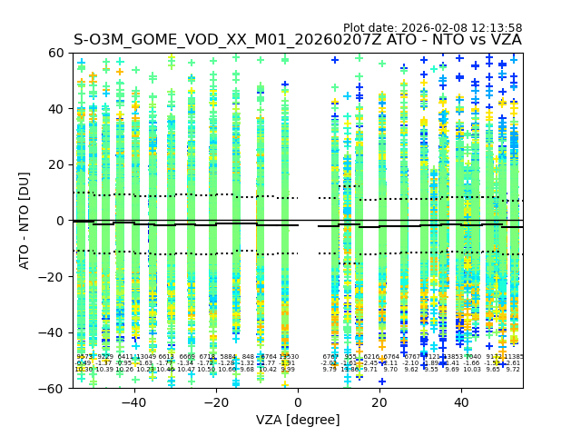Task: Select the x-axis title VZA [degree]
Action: click(x=298, y=420)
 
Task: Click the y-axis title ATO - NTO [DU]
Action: click(x=25, y=221)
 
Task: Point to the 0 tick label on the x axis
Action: click(x=298, y=402)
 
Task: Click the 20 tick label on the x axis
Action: click(x=379, y=402)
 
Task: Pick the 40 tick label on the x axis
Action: click(x=461, y=402)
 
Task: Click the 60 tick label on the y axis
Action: click(x=55, y=53)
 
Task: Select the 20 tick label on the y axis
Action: click(x=55, y=164)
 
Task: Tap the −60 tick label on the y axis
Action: click(x=52, y=388)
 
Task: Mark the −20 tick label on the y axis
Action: click(x=52, y=276)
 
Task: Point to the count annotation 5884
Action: click(x=227, y=357)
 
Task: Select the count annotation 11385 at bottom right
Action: click(x=514, y=357)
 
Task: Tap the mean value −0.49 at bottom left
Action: click(x=84, y=363)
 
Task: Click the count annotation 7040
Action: click(x=472, y=357)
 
